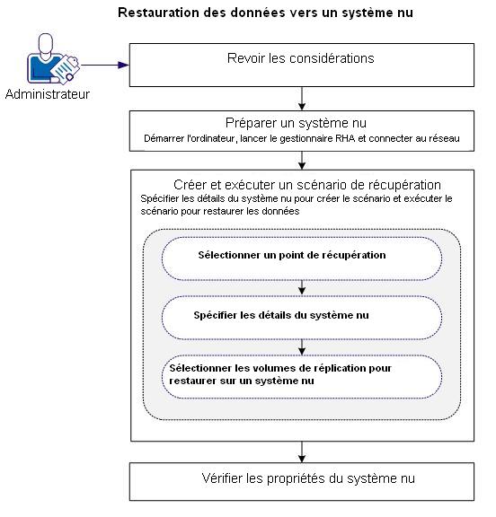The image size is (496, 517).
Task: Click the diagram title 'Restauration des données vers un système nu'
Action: (266, 13)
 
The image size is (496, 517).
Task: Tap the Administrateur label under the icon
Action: (48, 93)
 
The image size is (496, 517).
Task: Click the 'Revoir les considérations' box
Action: (301, 59)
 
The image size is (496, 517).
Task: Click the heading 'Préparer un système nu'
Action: (300, 123)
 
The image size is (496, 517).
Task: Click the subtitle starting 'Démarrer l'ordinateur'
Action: (301, 139)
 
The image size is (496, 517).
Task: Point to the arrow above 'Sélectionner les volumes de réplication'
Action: (303, 346)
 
